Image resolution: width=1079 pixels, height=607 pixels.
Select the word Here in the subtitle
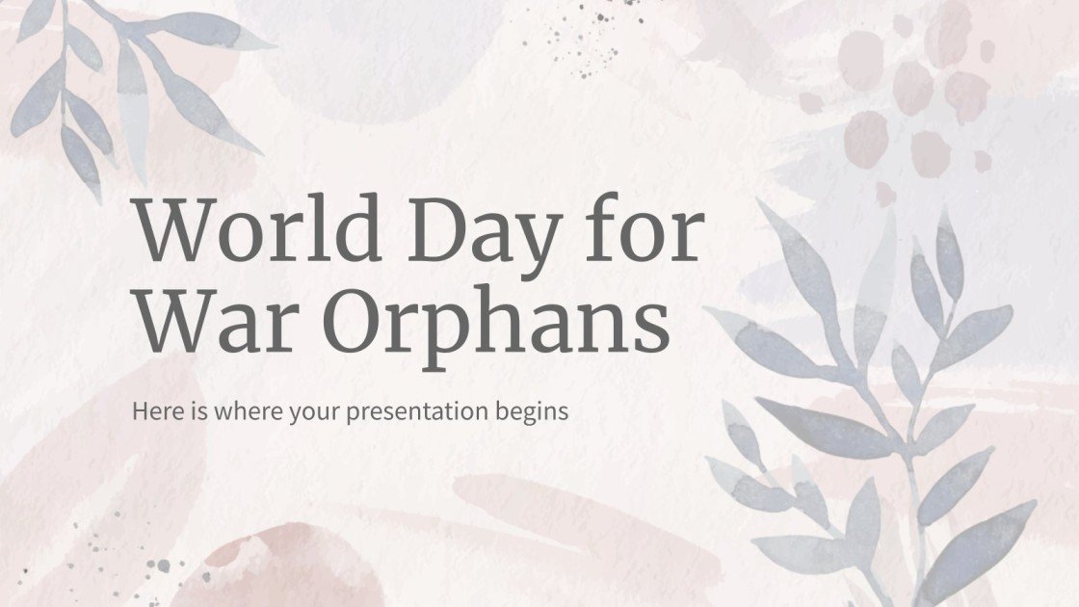coord(155,411)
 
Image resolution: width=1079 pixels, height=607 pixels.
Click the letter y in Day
coord(548,241)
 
